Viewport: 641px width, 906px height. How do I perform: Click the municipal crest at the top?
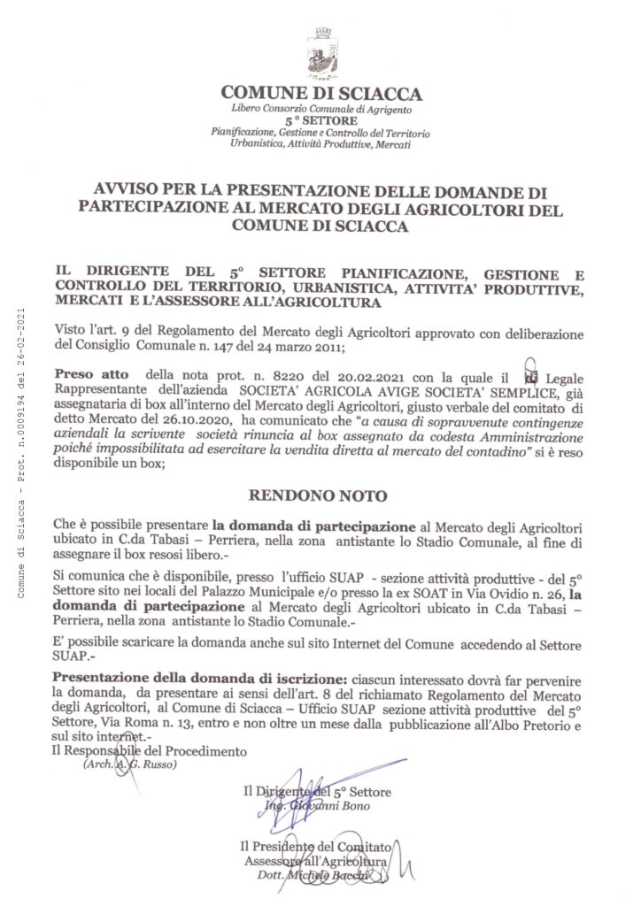tap(320, 51)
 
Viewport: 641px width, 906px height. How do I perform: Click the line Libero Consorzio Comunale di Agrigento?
tap(320, 108)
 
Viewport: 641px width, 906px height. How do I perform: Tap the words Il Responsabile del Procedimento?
tap(147, 751)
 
